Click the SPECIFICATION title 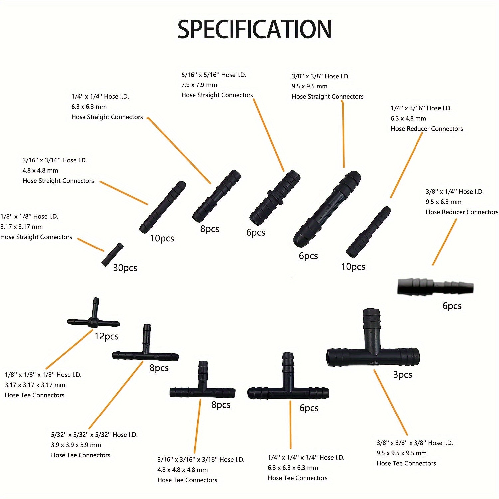(254, 29)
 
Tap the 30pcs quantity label (125, 268)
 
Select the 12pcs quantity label (106, 336)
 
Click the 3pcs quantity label (403, 375)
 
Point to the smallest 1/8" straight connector (112, 254)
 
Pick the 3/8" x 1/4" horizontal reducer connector (435, 287)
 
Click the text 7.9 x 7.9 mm (199, 85)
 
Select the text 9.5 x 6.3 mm (443, 202)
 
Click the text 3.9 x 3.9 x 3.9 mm (76, 445)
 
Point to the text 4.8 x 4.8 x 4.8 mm (182, 470)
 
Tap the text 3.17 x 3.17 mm (21, 227)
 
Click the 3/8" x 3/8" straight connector (327, 209)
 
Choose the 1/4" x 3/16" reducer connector (368, 232)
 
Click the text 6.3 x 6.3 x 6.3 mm (293, 468)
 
